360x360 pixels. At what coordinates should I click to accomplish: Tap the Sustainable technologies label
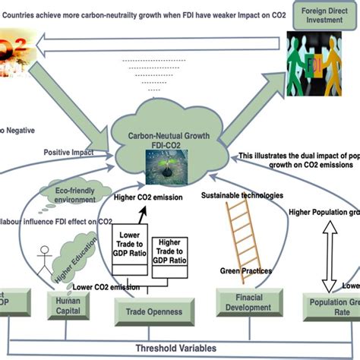pos(242,196)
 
